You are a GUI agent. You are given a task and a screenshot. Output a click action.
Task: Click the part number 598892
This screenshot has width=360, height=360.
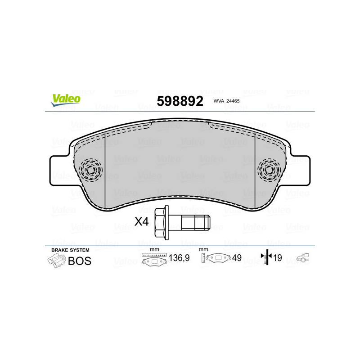[180, 100]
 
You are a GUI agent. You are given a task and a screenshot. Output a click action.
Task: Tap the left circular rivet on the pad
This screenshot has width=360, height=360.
[91, 171]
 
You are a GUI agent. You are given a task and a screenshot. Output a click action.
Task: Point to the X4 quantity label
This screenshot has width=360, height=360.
[142, 221]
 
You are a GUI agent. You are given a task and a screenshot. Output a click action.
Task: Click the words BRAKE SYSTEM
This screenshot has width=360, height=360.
[70, 250]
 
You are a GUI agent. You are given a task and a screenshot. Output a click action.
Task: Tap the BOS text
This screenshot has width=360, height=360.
[80, 261]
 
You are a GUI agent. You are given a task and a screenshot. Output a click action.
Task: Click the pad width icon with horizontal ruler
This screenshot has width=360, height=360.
[154, 260]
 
